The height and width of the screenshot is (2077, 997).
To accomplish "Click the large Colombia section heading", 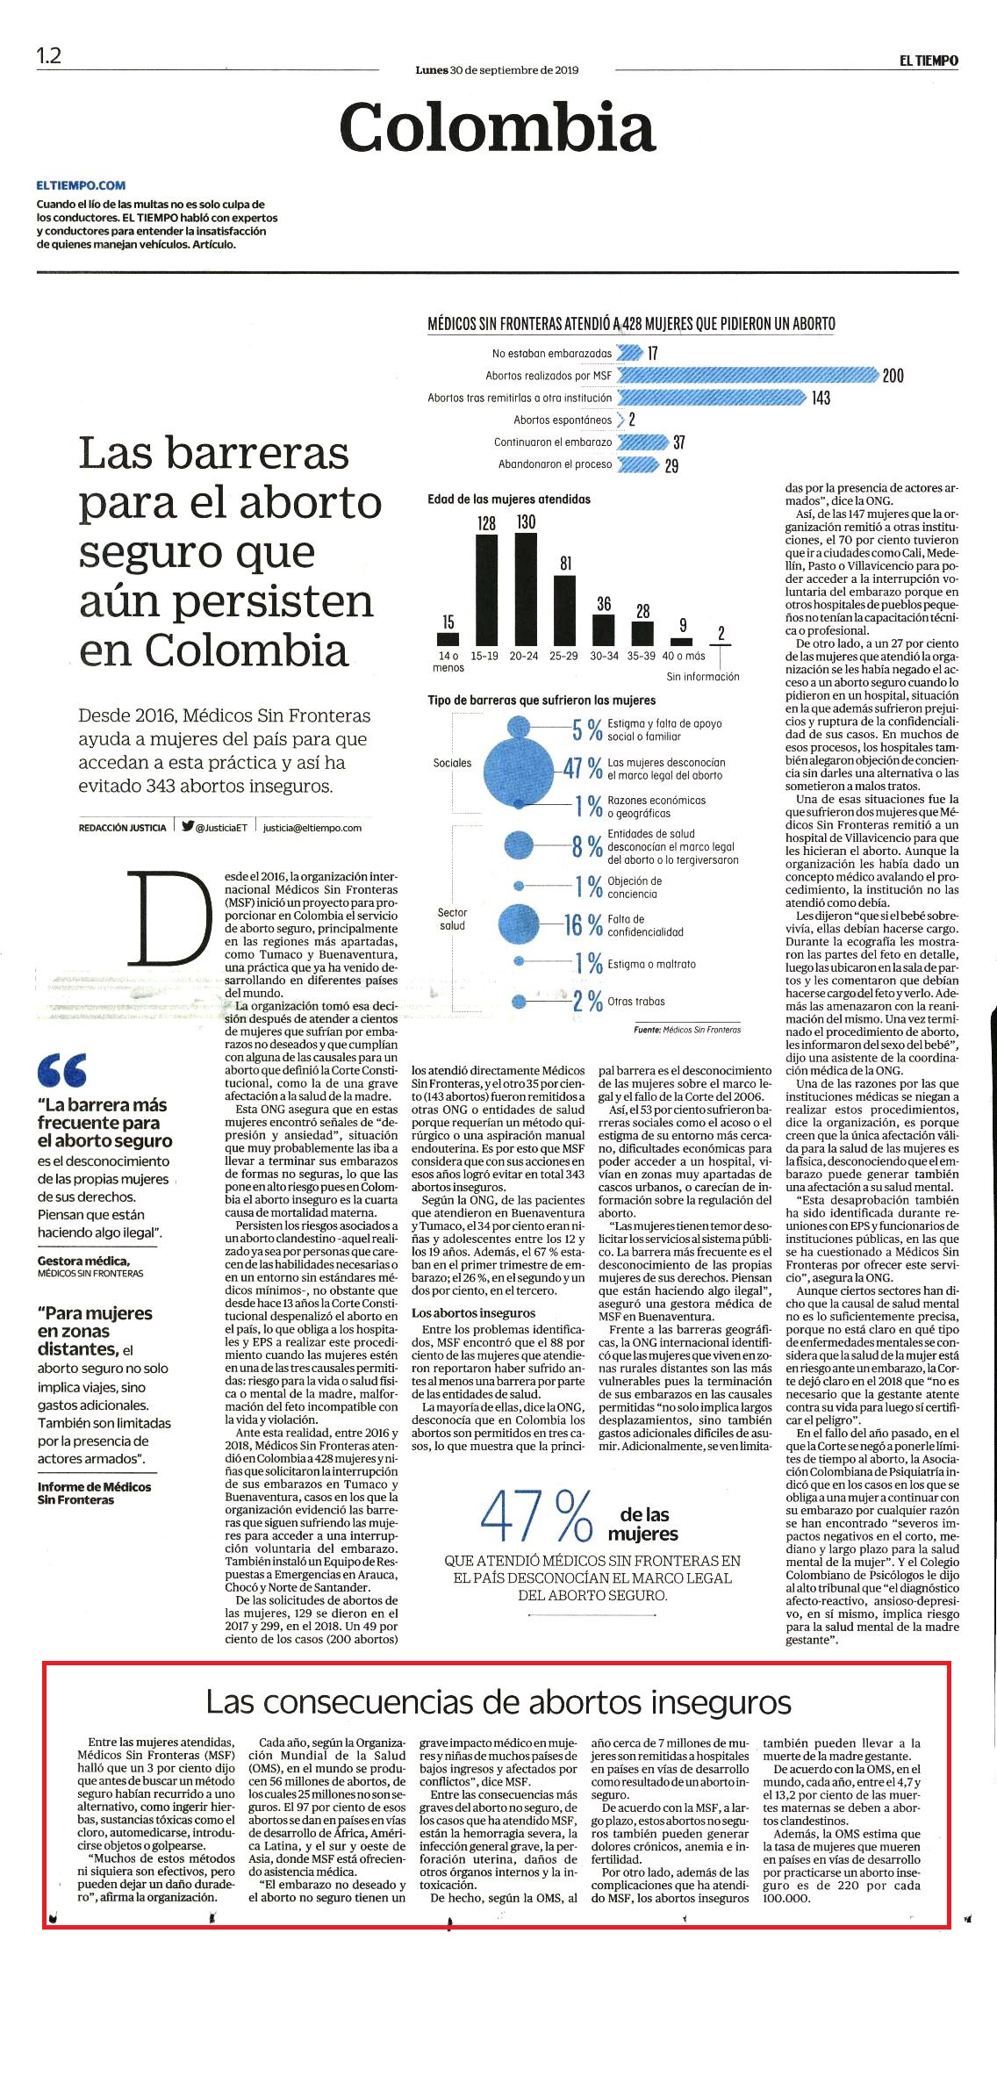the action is tap(498, 127).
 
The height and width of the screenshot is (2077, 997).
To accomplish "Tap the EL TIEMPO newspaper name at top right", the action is tap(929, 61).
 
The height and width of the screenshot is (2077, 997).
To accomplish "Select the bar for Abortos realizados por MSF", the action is tap(748, 375).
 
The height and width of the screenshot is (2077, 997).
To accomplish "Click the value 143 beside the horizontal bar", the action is tap(821, 398).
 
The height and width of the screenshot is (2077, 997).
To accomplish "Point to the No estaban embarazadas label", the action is tap(552, 353).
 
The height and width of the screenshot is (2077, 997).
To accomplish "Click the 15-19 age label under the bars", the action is tap(485, 656).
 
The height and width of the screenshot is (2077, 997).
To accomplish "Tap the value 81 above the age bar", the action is tap(565, 564).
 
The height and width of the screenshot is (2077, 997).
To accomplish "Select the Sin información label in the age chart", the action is tap(703, 677).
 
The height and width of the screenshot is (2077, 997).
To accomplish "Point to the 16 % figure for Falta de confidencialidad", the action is tap(584, 925).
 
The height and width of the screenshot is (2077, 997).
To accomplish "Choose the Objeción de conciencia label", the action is tap(635, 888).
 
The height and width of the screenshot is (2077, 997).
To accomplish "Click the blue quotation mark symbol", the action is tap(62, 1070).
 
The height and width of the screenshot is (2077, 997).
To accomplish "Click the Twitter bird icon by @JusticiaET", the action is tap(188, 826).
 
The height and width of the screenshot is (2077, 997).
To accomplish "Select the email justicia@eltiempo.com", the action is tap(312, 827).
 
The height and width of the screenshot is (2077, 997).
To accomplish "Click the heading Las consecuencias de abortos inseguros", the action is tap(498, 1702).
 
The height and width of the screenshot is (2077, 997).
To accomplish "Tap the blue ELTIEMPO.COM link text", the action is tap(81, 185).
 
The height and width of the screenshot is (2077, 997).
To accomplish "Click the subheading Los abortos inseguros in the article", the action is tap(473, 1313).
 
